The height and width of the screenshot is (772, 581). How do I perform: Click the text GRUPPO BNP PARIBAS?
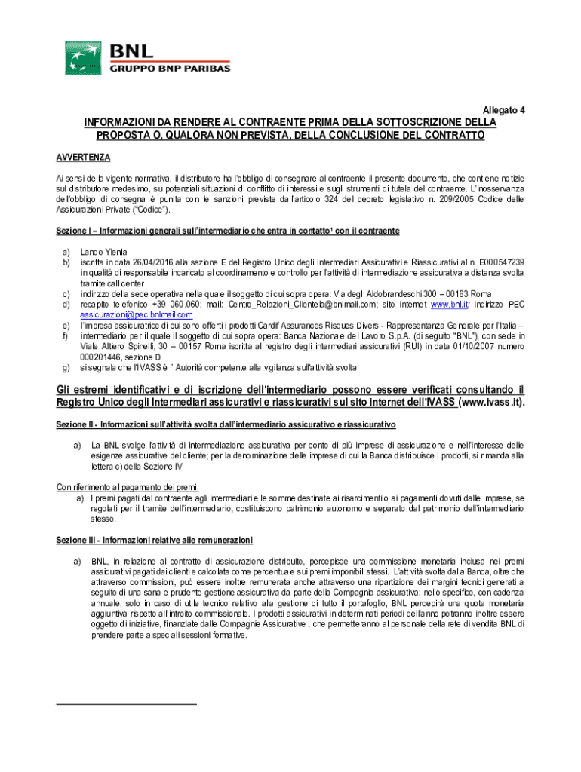tap(171, 69)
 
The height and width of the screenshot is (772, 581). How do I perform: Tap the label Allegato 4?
tap(504, 110)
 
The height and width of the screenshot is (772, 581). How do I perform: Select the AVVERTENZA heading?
tap(84, 158)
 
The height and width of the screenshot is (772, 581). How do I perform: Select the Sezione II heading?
tap(226, 425)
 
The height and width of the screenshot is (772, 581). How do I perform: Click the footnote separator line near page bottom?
tap(126, 704)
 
